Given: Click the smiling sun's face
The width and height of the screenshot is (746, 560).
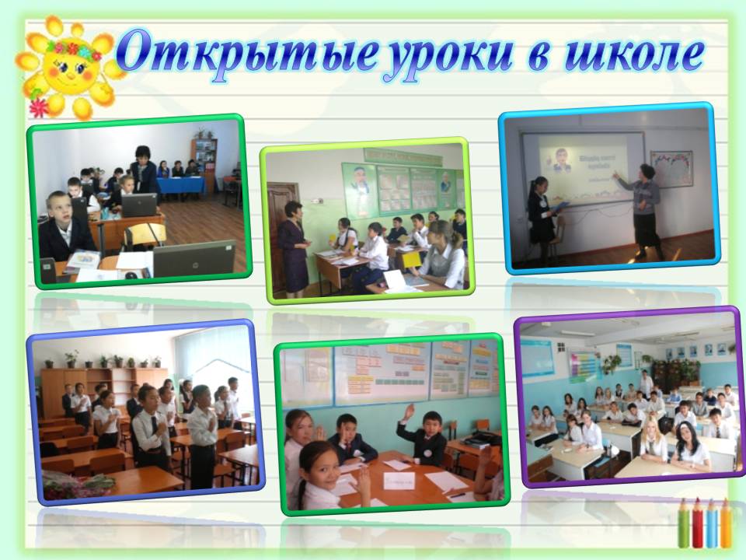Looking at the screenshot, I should (x=68, y=65).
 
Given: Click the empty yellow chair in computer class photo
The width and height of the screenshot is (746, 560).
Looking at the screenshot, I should (x=145, y=234).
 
